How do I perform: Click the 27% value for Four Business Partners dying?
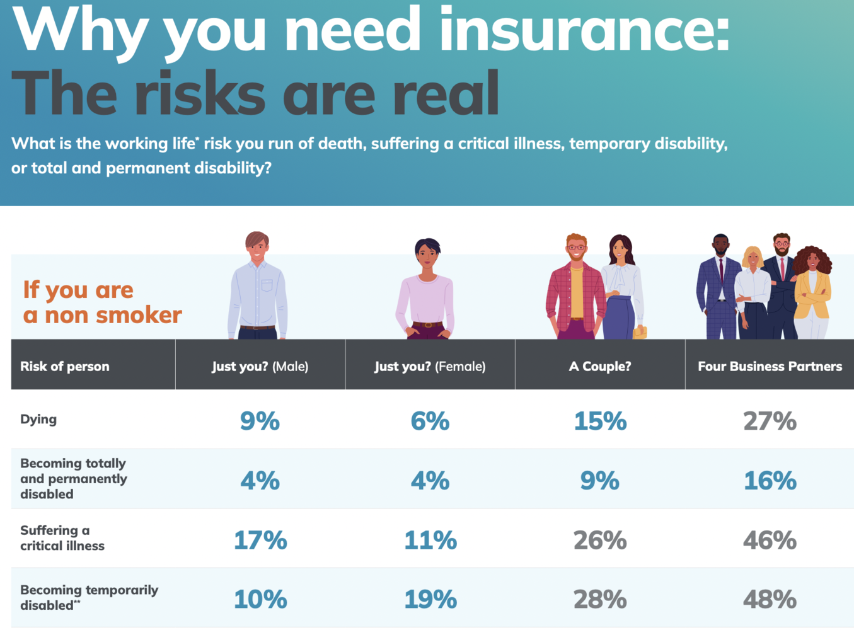tap(770, 421)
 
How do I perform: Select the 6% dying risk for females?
tap(430, 421)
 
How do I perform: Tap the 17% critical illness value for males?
tap(260, 541)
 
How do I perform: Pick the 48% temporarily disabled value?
tap(770, 600)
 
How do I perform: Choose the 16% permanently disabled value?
tap(770, 481)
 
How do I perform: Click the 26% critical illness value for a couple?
tap(600, 541)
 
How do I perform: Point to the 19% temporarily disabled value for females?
tap(430, 600)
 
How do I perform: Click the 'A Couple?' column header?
tap(600, 367)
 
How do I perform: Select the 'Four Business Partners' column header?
tap(770, 367)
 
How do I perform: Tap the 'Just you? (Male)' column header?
tap(260, 367)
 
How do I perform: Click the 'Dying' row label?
tap(38, 420)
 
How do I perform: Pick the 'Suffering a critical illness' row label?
tap(62, 538)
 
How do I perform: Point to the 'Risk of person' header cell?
tap(65, 367)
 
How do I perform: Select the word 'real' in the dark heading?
tap(446, 93)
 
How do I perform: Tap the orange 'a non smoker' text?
tap(103, 316)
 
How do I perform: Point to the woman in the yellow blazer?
tap(812, 292)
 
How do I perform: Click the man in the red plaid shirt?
tap(575, 287)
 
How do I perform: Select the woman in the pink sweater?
tap(426, 289)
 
